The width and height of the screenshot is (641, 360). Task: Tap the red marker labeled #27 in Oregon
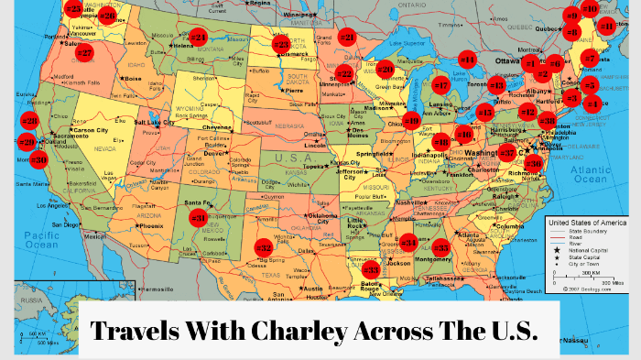[84, 52]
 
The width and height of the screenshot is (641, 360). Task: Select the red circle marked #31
[199, 218]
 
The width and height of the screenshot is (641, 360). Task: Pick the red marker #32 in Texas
[264, 247]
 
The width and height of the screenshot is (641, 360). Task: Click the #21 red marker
[347, 38]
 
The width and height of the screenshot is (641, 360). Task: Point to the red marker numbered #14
[467, 60]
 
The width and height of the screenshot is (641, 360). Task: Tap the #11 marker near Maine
[606, 25]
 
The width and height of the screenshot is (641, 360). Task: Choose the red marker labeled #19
[412, 119]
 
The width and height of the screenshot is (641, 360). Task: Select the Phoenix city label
[151, 225]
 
